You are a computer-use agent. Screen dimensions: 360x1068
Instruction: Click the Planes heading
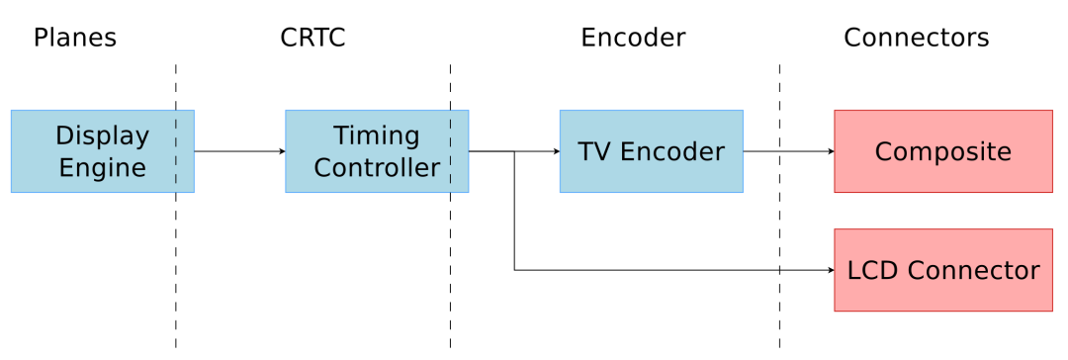point(75,38)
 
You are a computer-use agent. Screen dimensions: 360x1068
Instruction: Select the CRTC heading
point(312,38)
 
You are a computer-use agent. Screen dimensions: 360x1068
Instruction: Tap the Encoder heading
point(633,38)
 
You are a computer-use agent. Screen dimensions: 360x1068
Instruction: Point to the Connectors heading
point(916,38)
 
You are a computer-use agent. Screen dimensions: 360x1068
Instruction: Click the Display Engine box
point(102,151)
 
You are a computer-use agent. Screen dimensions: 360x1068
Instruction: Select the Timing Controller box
point(377,151)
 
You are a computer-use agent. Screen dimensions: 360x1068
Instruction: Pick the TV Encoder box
point(651,151)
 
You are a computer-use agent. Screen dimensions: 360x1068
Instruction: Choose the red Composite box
point(942,151)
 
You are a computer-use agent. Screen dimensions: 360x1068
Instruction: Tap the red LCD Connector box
point(942,270)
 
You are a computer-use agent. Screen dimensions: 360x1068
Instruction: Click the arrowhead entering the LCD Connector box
point(830,270)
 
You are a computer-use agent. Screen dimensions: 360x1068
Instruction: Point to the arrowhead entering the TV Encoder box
point(556,151)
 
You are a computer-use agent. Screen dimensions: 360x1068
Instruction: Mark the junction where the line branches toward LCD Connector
point(514,151)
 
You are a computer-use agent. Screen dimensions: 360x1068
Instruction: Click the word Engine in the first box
point(102,167)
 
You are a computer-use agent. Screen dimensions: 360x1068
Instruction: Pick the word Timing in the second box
point(377,135)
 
